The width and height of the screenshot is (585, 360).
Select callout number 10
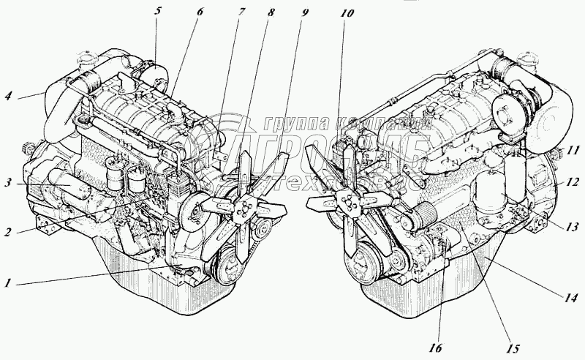coord(347,14)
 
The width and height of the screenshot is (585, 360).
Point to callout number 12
coord(572,180)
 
